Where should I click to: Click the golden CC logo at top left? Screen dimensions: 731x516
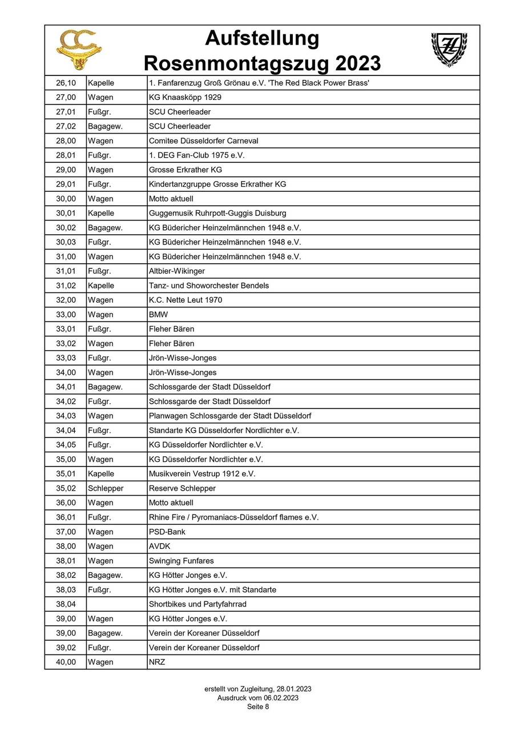79,50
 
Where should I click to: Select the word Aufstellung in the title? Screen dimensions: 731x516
262,38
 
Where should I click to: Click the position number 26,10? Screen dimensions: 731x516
66,83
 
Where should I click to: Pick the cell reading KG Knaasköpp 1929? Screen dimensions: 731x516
185,97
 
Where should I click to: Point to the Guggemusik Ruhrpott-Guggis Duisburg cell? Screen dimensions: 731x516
217,213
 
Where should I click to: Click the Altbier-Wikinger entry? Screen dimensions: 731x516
176,271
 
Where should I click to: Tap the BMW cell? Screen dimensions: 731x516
159,314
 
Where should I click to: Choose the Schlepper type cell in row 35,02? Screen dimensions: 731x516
106,488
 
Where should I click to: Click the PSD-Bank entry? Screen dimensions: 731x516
167,532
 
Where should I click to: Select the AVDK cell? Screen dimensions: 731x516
160,546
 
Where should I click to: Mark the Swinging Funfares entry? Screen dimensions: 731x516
182,561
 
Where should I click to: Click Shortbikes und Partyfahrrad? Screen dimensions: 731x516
197,604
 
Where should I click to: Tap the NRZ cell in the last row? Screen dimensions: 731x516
157,662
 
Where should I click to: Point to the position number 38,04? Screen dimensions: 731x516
66,604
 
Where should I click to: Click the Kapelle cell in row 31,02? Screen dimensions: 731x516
101,286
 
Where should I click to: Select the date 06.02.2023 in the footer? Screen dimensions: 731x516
279,698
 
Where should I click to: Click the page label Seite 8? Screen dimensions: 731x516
258,706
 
